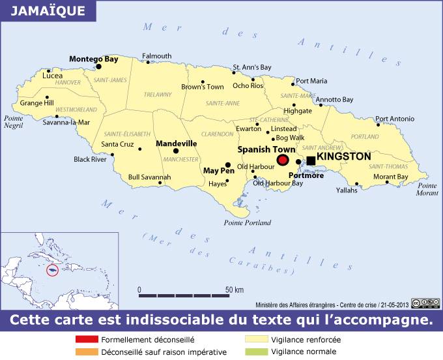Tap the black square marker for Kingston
pyautogui.click(x=311, y=160)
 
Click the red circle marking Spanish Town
pyautogui.click(x=282, y=160)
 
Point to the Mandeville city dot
pyautogui.click(x=176, y=151)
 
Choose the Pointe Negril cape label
pyautogui.click(x=14, y=122)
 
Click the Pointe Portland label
pyautogui.click(x=247, y=222)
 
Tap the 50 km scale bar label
pyautogui.click(x=235, y=290)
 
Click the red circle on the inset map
pyautogui.click(x=53, y=269)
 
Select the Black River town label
pyautogui.click(x=90, y=159)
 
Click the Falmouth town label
pyautogui.click(x=157, y=56)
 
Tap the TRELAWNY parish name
pyautogui.click(x=158, y=95)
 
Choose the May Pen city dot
pyautogui.click(x=228, y=165)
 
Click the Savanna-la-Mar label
pyautogui.click(x=66, y=122)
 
